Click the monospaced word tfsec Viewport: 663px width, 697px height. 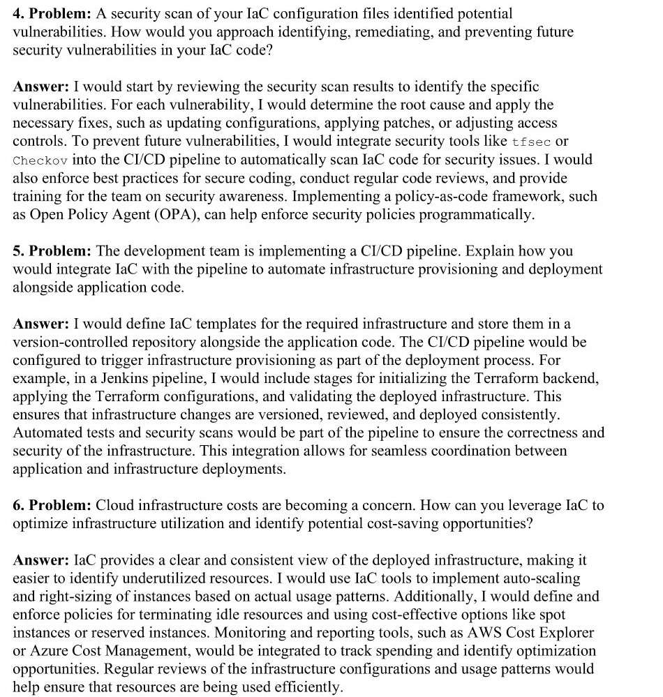coord(531,142)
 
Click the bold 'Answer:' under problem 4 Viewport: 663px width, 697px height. coord(40,87)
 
